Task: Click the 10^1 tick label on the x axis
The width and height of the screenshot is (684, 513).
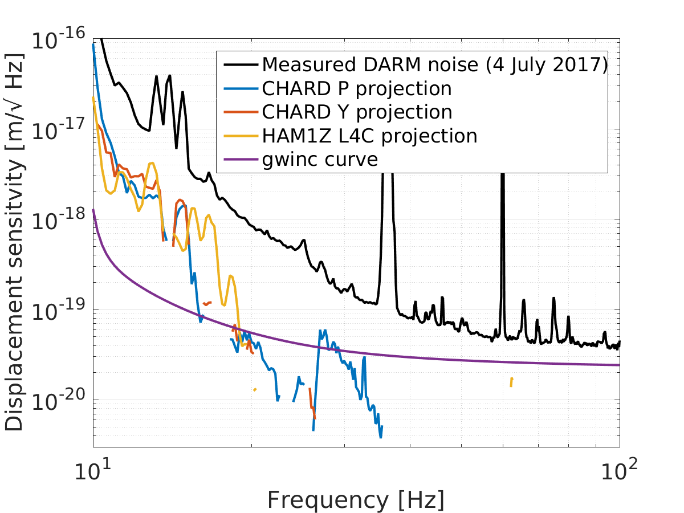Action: click(92, 470)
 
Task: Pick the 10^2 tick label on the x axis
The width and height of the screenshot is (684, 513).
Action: click(619, 470)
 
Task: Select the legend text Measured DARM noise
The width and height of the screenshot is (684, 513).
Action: click(370, 64)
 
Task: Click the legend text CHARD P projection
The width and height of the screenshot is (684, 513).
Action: click(357, 88)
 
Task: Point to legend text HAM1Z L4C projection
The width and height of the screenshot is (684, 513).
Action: click(369, 136)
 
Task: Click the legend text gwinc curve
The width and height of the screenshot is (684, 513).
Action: click(320, 160)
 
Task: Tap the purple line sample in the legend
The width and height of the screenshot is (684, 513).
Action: click(241, 160)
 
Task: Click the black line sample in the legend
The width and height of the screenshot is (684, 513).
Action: click(241, 64)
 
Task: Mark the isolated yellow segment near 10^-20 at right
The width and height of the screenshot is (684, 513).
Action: click(511, 382)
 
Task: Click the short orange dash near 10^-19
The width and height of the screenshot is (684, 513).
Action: click(207, 303)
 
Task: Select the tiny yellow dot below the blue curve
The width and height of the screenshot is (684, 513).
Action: click(255, 389)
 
